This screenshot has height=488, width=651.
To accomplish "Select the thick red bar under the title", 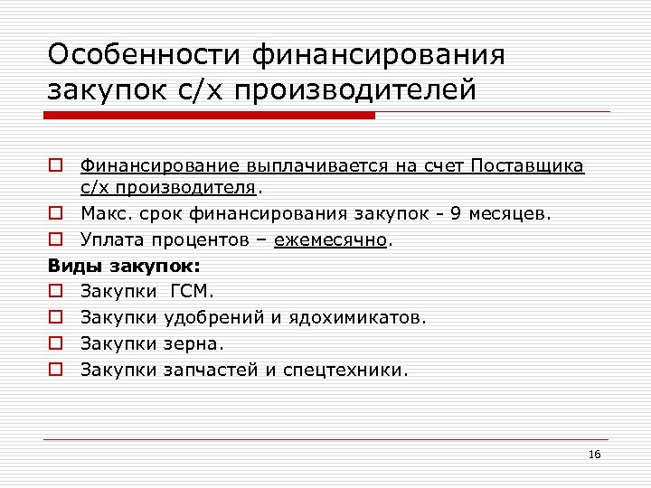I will (211, 116).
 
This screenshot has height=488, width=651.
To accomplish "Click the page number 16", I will (594, 453).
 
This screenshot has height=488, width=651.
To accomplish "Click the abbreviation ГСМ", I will (189, 292).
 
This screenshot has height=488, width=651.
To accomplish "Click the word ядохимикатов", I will (357, 317).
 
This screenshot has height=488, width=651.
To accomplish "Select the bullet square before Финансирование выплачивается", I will (55, 167).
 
